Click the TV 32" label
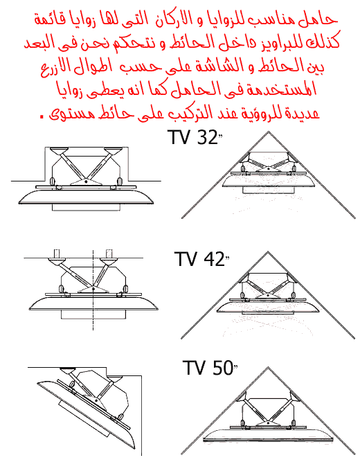[195, 137]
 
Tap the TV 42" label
[201, 259]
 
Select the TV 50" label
[210, 367]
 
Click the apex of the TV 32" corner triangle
[268, 132]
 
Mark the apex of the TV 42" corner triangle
[268, 252]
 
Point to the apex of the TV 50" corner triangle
[268, 367]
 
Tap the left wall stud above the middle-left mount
[57, 254]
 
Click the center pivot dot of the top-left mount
[86, 181]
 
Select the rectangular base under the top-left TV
[86, 207]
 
